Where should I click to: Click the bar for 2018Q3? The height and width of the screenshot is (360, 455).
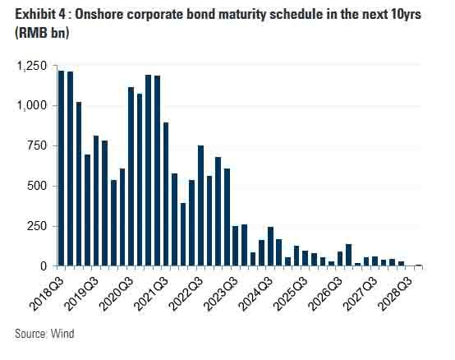pyautogui.click(x=61, y=168)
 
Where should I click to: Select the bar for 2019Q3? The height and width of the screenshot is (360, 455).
pyautogui.click(x=96, y=201)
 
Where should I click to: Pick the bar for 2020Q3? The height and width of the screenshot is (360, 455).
pyautogui.click(x=131, y=176)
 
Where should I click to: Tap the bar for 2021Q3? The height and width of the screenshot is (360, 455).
pyautogui.click(x=166, y=194)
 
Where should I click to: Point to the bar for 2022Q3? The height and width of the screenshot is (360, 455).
pyautogui.click(x=200, y=205)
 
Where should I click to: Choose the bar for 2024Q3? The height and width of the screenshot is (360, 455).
pyautogui.click(x=270, y=247)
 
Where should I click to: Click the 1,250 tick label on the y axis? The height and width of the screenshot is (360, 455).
pyautogui.click(x=32, y=67)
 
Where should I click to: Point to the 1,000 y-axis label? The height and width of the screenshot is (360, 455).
pyautogui.click(x=32, y=105)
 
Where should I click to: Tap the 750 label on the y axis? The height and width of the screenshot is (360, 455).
pyautogui.click(x=37, y=145)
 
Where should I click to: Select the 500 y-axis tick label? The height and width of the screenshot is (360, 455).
pyautogui.click(x=37, y=186)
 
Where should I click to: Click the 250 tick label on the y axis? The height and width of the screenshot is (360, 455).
pyautogui.click(x=37, y=226)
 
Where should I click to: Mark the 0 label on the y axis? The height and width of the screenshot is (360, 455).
pyautogui.click(x=44, y=266)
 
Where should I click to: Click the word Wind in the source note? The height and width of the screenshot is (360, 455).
pyautogui.click(x=62, y=334)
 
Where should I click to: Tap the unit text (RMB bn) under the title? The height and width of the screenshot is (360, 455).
pyautogui.click(x=42, y=33)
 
